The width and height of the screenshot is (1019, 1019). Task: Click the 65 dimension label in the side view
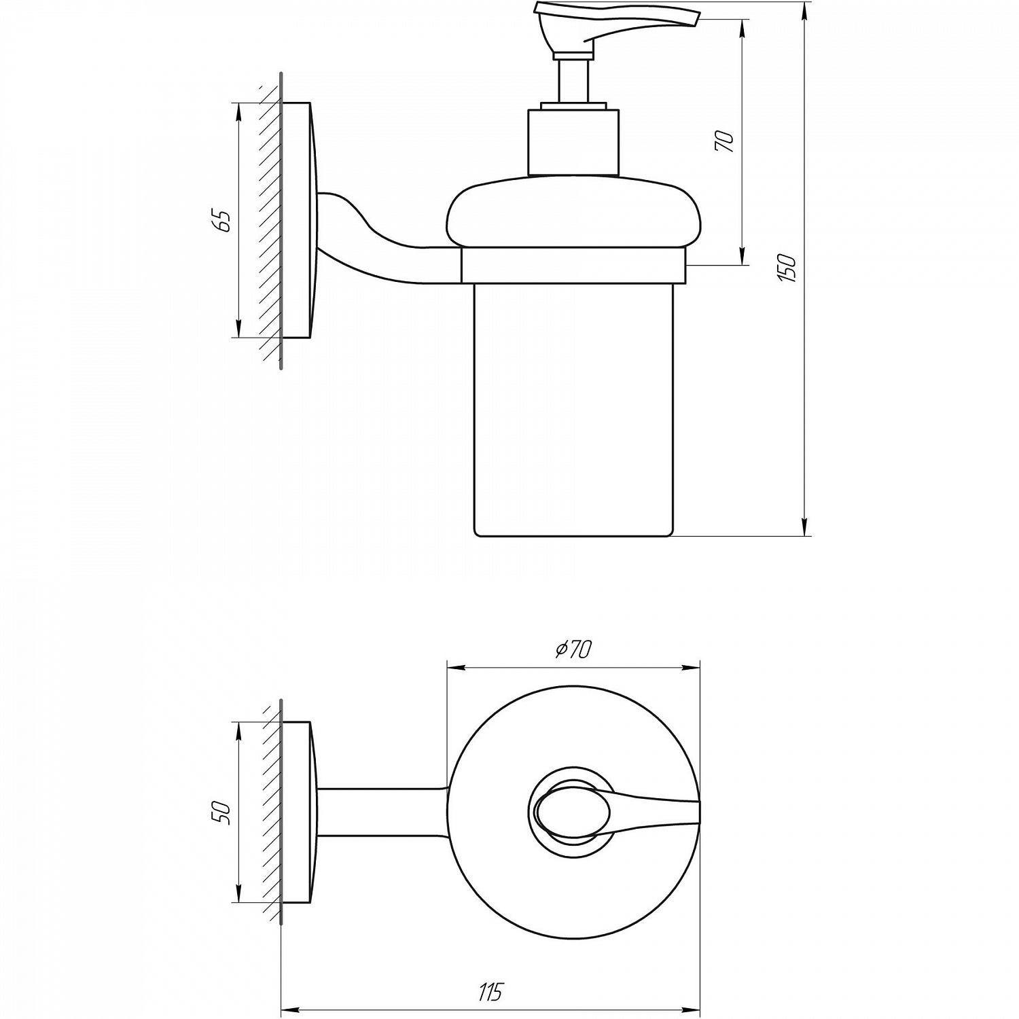point(223,221)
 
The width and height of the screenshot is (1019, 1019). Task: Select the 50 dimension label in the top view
point(223,812)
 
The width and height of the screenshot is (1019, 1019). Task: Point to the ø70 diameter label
point(574,649)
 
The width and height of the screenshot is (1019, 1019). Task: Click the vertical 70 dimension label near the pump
point(725,141)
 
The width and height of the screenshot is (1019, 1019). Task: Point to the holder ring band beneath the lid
point(573,266)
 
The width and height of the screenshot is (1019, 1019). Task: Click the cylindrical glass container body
point(572,408)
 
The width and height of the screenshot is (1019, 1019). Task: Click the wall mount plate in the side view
point(299,221)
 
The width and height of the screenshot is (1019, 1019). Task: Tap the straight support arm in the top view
point(380,812)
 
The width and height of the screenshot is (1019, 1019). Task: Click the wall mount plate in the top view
point(298,812)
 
